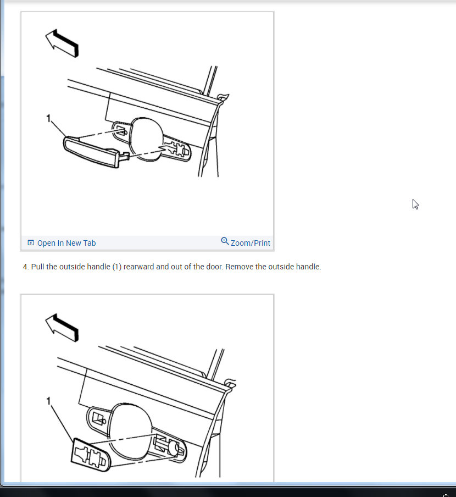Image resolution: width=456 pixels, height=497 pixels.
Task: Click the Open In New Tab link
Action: pyautogui.click(x=66, y=243)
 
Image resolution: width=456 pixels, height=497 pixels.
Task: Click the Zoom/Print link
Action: pyautogui.click(x=250, y=243)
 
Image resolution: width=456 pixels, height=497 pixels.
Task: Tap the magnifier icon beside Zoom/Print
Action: pyautogui.click(x=225, y=241)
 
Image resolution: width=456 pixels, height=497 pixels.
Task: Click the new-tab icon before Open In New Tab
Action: pyautogui.click(x=31, y=243)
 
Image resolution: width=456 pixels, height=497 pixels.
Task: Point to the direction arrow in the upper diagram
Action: pyautogui.click(x=62, y=43)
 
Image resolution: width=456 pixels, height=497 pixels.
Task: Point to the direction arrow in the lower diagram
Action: pyautogui.click(x=62, y=328)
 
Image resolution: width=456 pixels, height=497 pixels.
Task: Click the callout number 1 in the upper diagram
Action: pyautogui.click(x=48, y=119)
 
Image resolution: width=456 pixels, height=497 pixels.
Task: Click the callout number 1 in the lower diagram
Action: pyautogui.click(x=48, y=401)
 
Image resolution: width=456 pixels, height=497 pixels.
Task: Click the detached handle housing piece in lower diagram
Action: pyautogui.click(x=90, y=455)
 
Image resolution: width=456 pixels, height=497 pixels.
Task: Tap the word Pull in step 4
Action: pyautogui.click(x=38, y=267)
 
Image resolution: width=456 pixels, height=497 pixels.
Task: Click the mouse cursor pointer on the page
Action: pyautogui.click(x=415, y=205)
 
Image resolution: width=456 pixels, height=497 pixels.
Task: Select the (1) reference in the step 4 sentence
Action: pyautogui.click(x=117, y=267)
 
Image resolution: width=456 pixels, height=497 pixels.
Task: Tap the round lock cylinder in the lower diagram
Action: pyautogui.click(x=173, y=448)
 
